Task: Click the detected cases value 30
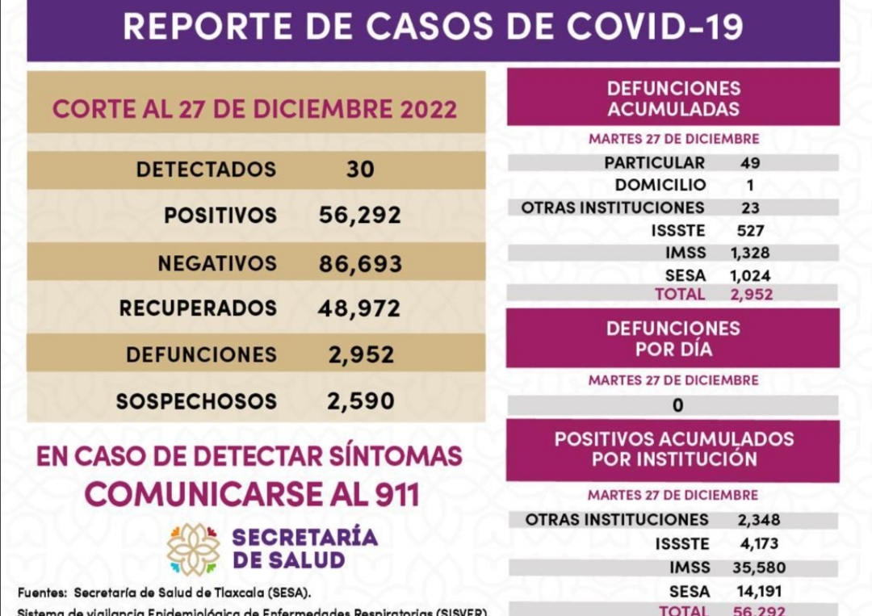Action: pyautogui.click(x=360, y=170)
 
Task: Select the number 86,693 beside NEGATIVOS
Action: pyautogui.click(x=360, y=263)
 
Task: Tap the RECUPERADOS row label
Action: pyautogui.click(x=198, y=308)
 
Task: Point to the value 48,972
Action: pyautogui.click(x=360, y=308)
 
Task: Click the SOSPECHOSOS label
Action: pyautogui.click(x=196, y=401)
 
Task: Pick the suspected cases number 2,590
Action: pyautogui.click(x=361, y=401)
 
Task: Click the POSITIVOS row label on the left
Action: pyautogui.click(x=220, y=216)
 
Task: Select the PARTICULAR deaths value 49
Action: pyautogui.click(x=750, y=163)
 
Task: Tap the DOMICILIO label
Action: pyautogui.click(x=660, y=185)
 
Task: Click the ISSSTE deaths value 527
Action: pyautogui.click(x=750, y=231)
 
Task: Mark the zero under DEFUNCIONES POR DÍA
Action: pyautogui.click(x=677, y=405)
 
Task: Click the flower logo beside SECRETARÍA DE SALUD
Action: pyautogui.click(x=193, y=549)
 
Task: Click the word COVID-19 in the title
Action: pyautogui.click(x=654, y=26)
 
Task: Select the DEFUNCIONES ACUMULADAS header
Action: pyautogui.click(x=673, y=98)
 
